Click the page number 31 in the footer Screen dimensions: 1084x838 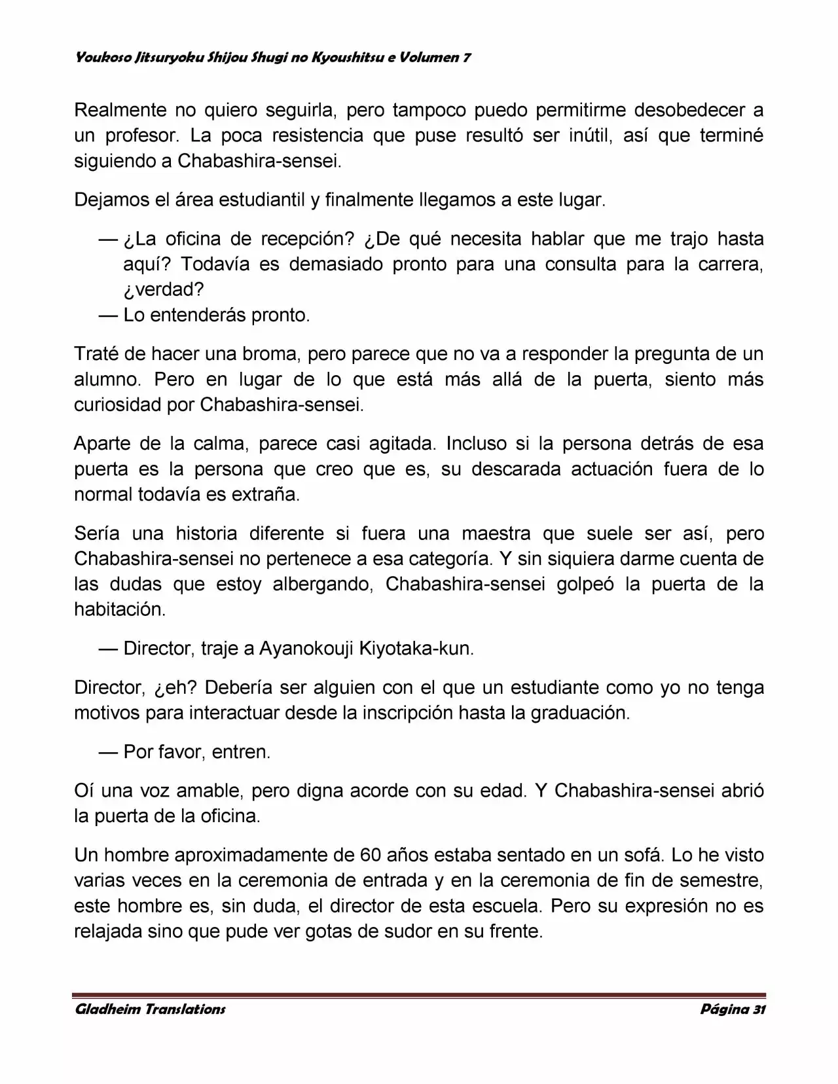[758, 1009]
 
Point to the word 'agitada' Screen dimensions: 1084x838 [402, 443]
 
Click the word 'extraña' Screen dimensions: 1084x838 [266, 494]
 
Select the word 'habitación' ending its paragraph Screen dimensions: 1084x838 [120, 609]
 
